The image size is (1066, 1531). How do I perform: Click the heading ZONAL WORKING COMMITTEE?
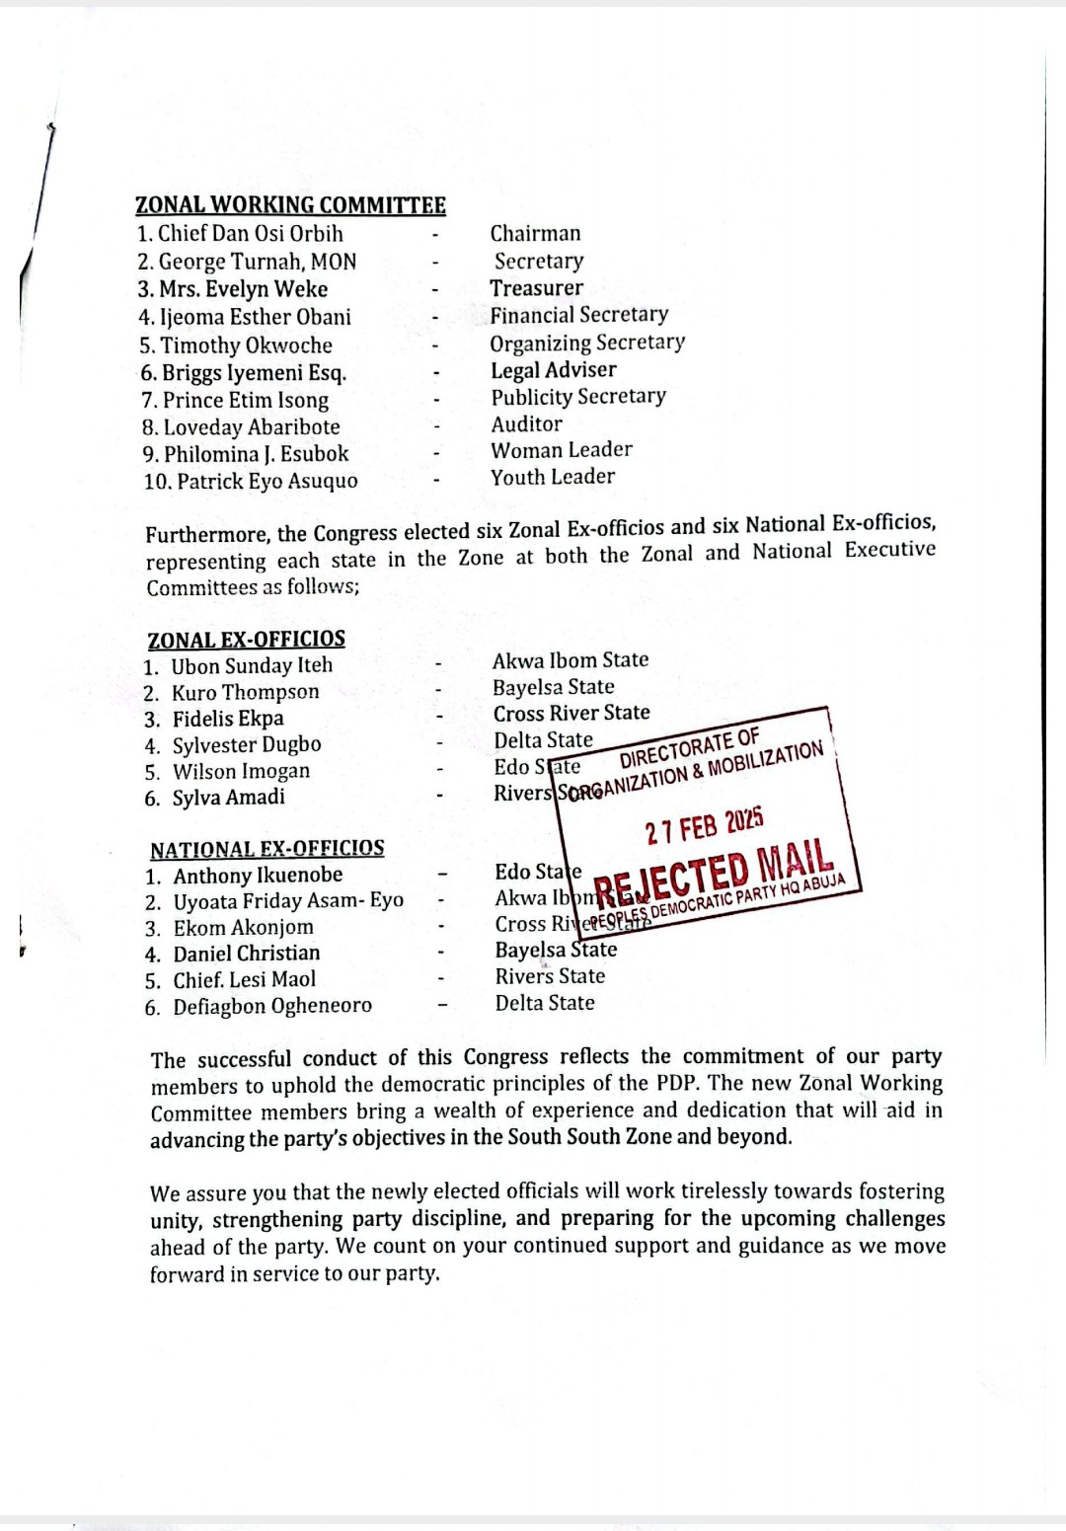(x=290, y=205)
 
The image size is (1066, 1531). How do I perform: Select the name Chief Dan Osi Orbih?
(x=250, y=234)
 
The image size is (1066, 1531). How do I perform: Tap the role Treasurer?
(x=536, y=288)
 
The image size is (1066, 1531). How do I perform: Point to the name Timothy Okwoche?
(x=246, y=345)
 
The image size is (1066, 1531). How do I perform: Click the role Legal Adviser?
(x=554, y=370)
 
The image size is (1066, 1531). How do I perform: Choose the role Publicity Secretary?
(x=578, y=397)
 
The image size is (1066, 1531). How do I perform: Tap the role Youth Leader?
(x=553, y=477)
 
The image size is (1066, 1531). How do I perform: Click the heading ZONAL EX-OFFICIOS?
(x=247, y=639)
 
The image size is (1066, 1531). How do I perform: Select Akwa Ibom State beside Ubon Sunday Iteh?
(x=571, y=659)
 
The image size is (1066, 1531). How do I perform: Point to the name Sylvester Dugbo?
(x=247, y=745)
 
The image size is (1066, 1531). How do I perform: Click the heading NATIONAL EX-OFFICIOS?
(x=267, y=849)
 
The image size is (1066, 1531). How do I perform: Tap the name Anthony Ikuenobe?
(x=258, y=876)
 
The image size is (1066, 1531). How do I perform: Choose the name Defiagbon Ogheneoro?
(x=272, y=1007)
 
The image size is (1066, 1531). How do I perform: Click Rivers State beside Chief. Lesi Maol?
(x=550, y=976)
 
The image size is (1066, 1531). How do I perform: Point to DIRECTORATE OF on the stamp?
(x=690, y=749)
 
